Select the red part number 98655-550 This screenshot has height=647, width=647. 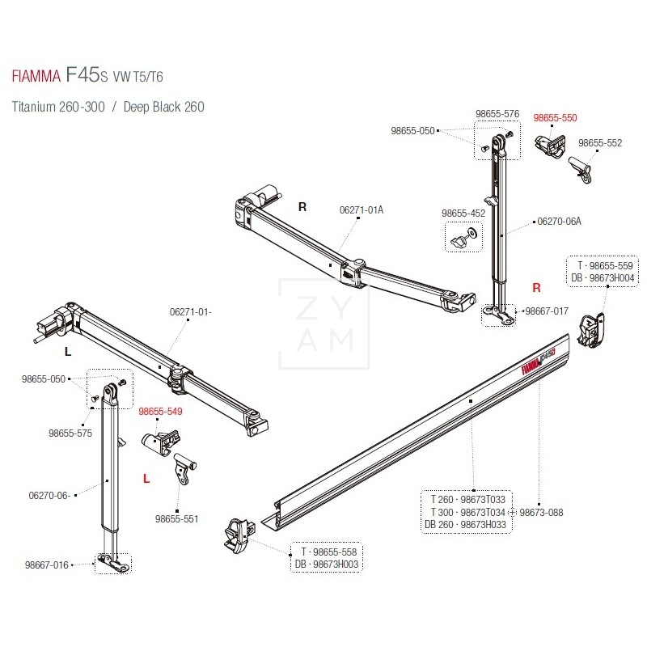coord(555,118)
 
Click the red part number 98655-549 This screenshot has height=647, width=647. coord(160,412)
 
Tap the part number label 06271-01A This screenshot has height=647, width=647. coord(362,210)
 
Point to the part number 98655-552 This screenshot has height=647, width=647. coord(600,143)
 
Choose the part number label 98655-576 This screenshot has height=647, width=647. coord(497,114)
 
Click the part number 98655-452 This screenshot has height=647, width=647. coord(463,213)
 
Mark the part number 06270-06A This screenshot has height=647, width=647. coord(560,221)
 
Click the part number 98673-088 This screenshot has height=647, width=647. coord(541,512)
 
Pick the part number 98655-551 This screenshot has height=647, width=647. coord(177,518)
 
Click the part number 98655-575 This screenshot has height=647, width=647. coord(70,433)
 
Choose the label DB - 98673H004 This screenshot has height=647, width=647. coord(603,277)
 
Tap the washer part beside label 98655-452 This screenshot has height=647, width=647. coord(472,239)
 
